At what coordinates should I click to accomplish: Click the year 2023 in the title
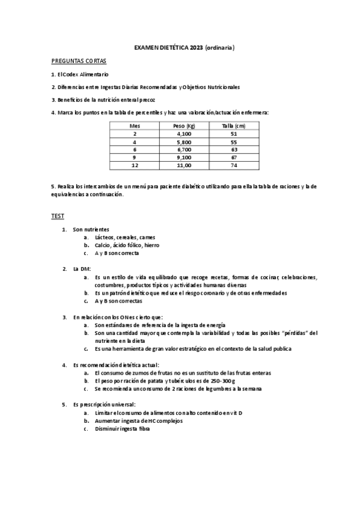[x=196, y=48]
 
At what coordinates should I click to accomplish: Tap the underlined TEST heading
[x=57, y=216]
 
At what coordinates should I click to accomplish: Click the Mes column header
[x=134, y=126]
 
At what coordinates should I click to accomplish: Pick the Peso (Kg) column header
[x=184, y=126]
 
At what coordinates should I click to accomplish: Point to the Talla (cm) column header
[x=234, y=126]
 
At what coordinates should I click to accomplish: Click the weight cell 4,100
[x=184, y=134]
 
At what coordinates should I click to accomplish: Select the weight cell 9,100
[x=184, y=157]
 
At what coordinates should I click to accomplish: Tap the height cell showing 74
[x=234, y=165]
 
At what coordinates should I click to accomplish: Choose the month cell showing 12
[x=134, y=165]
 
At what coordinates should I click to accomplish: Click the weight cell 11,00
[x=184, y=165]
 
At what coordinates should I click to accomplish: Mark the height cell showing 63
[x=234, y=149]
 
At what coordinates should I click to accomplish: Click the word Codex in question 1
[x=72, y=74]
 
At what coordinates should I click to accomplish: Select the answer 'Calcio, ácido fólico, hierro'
[x=127, y=245]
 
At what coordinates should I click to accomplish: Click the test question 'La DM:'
[x=81, y=268]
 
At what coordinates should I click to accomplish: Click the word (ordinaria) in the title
[x=220, y=48]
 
